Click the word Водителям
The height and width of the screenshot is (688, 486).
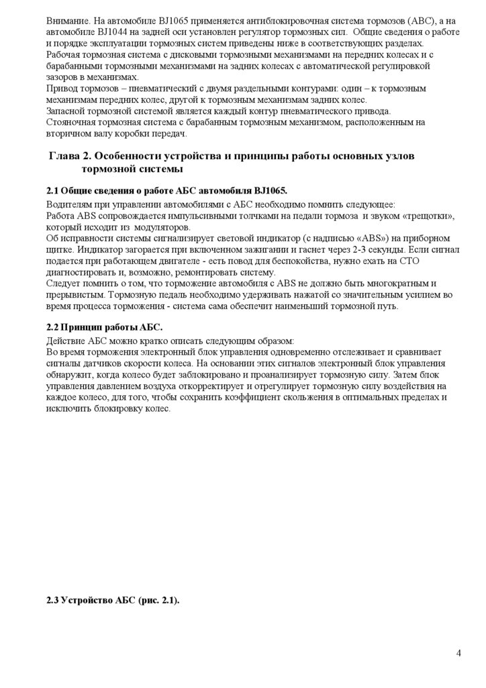71,204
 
